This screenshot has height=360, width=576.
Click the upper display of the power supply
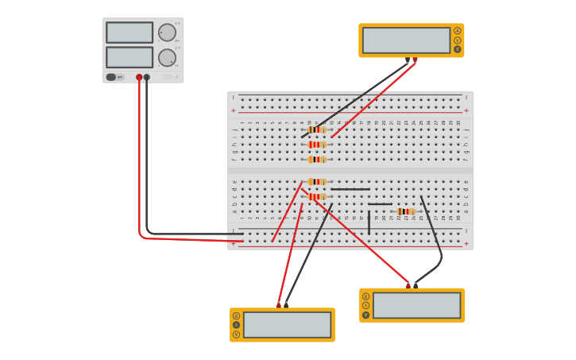129,33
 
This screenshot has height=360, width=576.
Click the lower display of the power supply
129,57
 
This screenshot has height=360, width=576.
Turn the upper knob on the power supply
167,33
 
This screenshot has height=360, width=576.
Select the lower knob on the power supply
167,57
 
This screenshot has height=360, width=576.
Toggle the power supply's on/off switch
111,77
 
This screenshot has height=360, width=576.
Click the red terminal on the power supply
139,77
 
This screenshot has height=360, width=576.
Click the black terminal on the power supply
147,77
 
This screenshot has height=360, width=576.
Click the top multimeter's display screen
406,41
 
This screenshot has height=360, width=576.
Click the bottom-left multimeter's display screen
287,324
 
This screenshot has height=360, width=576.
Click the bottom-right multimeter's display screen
416,305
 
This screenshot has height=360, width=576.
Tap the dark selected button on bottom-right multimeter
366,315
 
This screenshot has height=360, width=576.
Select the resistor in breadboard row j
317,130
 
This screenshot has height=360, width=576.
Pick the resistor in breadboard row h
317,145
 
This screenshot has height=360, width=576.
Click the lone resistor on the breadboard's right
405,211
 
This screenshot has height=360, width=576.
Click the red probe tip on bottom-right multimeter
408,285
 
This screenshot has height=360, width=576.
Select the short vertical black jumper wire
369,222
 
